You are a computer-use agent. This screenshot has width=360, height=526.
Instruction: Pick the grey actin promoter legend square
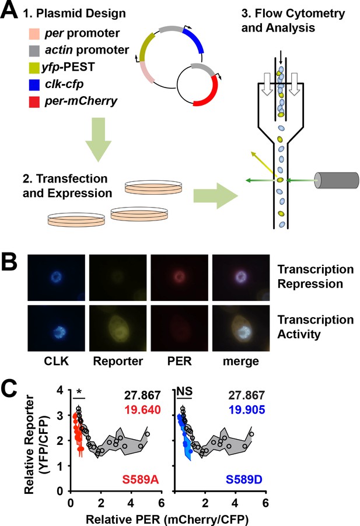(x=34, y=51)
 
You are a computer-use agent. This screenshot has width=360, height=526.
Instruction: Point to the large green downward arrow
(x=98, y=139)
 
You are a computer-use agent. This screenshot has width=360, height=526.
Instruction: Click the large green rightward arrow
(x=215, y=196)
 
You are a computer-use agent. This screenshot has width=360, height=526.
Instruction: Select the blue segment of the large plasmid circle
(x=195, y=39)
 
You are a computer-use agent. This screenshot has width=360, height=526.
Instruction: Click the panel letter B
(x=9, y=262)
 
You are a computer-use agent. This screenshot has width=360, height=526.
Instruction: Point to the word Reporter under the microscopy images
(x=118, y=362)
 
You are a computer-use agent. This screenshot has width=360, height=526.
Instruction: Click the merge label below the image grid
(x=241, y=362)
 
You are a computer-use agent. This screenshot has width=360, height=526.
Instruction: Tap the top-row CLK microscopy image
(x=57, y=278)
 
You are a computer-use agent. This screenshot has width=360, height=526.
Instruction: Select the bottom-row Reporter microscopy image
(x=118, y=328)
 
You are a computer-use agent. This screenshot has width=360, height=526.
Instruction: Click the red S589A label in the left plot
(x=141, y=480)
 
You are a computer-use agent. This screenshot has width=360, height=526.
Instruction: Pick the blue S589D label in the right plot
(x=244, y=480)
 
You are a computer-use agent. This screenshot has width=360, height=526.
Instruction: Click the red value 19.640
(x=142, y=409)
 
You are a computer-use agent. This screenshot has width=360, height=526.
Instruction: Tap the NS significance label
(x=184, y=391)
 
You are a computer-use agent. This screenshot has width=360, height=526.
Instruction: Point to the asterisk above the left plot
(x=79, y=392)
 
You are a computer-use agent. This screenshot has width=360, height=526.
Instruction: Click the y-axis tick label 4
(x=60, y=390)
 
